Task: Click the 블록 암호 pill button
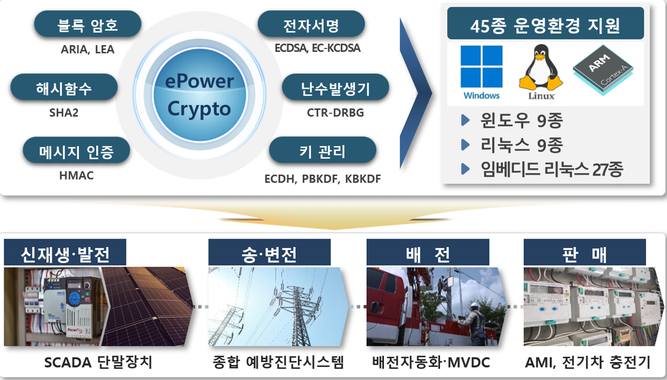88,25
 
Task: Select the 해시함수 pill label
64,89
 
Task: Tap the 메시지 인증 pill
76,151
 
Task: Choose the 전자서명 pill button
311,25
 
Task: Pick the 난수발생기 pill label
335,89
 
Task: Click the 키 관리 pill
322,151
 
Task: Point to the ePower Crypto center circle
199,95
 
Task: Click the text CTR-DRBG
335,112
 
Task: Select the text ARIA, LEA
88,50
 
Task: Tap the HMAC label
76,176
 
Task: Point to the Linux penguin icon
541,70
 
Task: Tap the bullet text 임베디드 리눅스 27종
551,169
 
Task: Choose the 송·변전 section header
269,253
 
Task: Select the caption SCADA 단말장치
99,362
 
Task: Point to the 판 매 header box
585,253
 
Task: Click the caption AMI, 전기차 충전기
588,362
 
